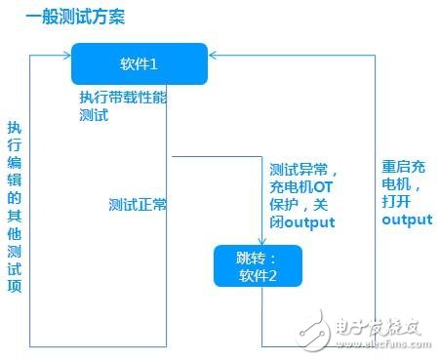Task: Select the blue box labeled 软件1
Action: [x=139, y=63]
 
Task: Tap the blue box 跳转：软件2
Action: [x=259, y=265]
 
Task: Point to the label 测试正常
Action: [x=139, y=205]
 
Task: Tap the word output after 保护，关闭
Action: [x=310, y=222]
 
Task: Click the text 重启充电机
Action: [x=403, y=175]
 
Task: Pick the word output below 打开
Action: [x=405, y=220]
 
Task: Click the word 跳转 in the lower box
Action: [x=252, y=258]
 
